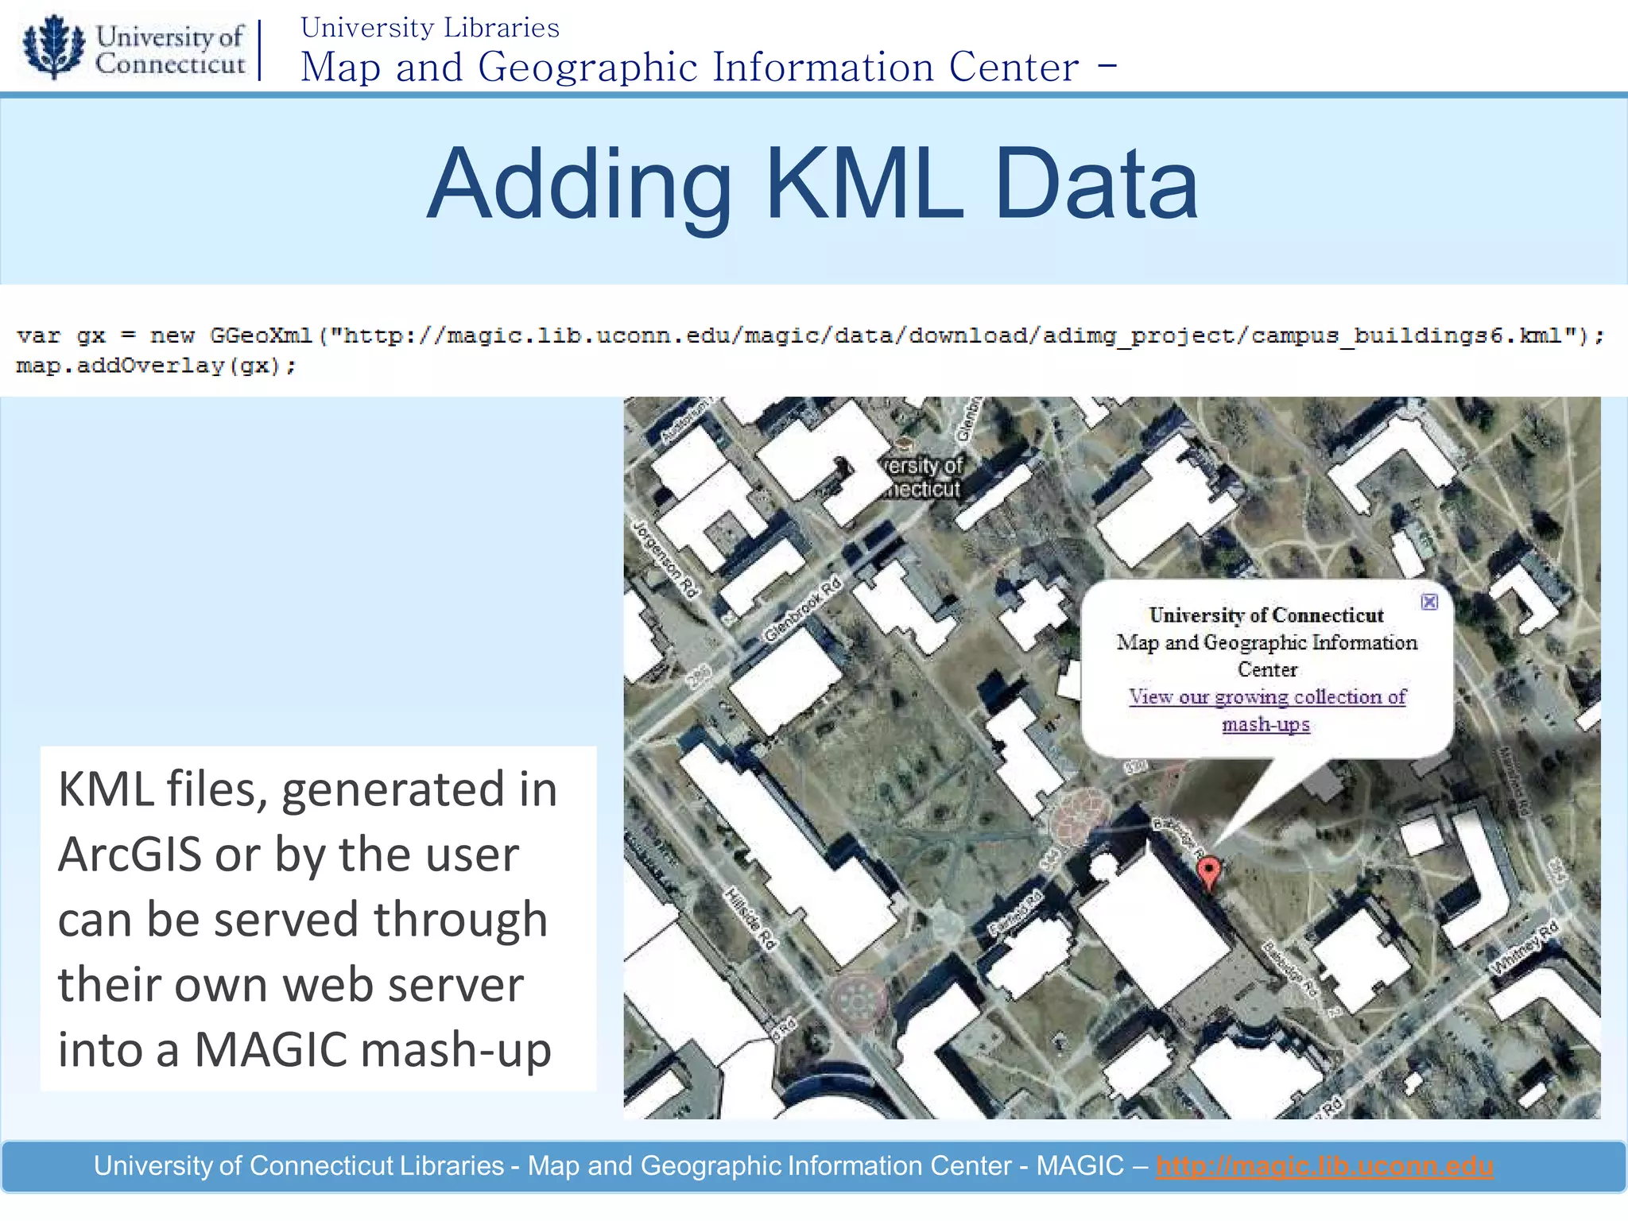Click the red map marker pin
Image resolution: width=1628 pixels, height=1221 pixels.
pos(1208,873)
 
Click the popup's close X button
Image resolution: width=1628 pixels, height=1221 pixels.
pos(1429,602)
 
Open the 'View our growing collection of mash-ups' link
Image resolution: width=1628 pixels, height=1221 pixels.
pos(1267,698)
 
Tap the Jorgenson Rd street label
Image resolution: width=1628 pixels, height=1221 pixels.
pos(665,559)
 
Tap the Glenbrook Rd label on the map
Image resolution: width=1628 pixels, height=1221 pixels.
pos(802,610)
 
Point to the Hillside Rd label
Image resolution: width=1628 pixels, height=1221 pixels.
pos(750,919)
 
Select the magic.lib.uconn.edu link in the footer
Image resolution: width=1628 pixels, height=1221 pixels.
pos(1324,1166)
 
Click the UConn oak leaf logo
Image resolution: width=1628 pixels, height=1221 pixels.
pos(53,46)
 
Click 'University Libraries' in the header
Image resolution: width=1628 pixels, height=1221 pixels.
pos(430,28)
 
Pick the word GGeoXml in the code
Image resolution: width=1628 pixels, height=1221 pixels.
pos(261,336)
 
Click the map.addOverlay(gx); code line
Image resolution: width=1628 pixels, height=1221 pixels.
pos(156,366)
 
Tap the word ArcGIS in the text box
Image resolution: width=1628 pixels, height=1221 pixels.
pos(130,855)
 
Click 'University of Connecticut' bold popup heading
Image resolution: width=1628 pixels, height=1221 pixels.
pos(1266,615)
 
